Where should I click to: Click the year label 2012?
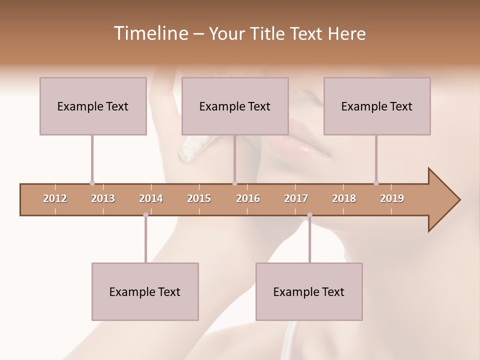(x=55, y=198)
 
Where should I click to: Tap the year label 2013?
(x=103, y=198)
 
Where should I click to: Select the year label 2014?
(x=151, y=198)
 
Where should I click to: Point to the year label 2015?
(x=199, y=198)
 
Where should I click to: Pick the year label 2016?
(x=248, y=198)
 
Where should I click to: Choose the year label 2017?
(x=296, y=198)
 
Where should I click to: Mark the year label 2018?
(x=344, y=198)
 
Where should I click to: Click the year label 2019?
(x=392, y=198)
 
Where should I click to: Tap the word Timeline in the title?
(x=149, y=33)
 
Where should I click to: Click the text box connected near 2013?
(x=93, y=106)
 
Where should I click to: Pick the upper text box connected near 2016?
(x=235, y=106)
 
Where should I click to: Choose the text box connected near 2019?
(x=377, y=106)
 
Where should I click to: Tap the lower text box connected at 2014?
(x=145, y=291)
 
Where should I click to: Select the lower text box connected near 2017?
(x=309, y=291)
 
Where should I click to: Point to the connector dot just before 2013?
(x=92, y=183)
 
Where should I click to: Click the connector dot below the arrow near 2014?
(x=145, y=215)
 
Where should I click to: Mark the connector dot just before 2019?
(x=376, y=183)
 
